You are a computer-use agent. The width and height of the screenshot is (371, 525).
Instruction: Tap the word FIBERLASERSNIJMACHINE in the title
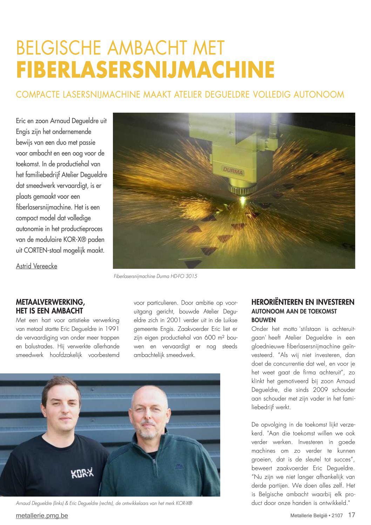click(145, 70)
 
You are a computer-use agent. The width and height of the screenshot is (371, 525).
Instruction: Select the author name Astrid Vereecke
click(36, 266)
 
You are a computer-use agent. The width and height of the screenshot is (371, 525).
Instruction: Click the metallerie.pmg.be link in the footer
click(42, 516)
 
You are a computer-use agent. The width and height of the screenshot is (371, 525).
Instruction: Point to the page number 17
click(352, 515)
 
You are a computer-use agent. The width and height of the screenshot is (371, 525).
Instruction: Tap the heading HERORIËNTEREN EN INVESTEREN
click(303, 302)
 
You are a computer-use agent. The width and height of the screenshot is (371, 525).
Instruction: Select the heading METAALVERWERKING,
click(50, 302)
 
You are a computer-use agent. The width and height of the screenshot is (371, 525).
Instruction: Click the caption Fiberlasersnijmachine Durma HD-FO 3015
click(155, 276)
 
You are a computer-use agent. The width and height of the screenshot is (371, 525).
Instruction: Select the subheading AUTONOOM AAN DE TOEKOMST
click(294, 311)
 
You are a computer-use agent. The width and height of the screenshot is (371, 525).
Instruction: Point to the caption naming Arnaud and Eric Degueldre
click(104, 503)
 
